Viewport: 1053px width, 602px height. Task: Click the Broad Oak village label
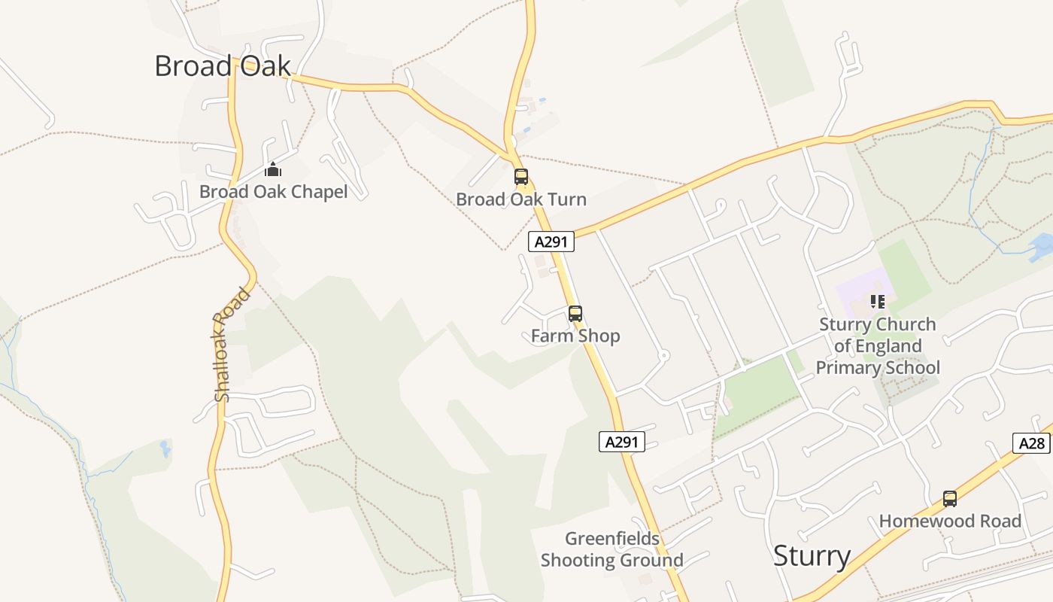222,66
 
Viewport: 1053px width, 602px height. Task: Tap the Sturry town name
812,556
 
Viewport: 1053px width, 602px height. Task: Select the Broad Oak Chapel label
273,192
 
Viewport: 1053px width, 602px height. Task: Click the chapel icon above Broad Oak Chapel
272,169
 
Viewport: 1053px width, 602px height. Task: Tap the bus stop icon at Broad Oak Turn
521,177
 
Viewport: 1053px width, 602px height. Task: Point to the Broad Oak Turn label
521,199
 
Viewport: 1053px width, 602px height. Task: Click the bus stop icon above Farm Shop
575,314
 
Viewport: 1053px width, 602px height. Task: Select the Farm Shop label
575,336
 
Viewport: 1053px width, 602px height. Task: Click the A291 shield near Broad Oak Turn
551,242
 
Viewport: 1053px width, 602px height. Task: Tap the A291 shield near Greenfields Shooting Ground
622,442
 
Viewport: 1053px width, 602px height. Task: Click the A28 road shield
1032,443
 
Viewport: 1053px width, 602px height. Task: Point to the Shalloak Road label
232,345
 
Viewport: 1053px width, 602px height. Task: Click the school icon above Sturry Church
877,302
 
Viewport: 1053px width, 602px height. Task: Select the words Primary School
878,368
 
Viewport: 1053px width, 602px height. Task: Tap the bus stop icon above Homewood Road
950,498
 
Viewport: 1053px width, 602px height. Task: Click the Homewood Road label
950,521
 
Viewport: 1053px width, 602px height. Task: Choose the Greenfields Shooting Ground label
612,549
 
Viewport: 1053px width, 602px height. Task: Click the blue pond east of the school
1041,245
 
